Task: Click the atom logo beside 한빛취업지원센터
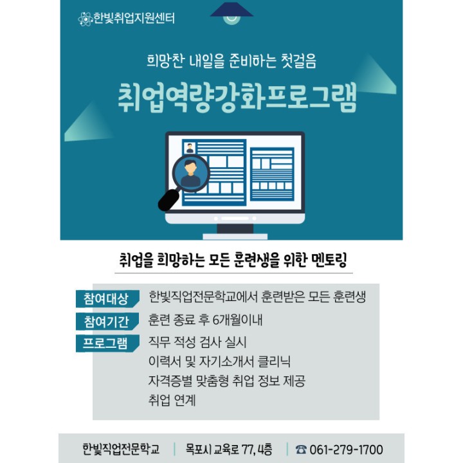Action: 86,19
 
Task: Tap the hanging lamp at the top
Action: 232,13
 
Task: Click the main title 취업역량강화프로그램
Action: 237,98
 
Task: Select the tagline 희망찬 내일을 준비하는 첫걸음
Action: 232,62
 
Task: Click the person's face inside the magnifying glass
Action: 191,168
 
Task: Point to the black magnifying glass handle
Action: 168,200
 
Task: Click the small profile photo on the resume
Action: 190,148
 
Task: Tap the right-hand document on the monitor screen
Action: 272,174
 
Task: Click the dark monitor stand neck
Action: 235,228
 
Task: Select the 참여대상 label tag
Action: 107,299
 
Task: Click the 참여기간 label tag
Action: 107,322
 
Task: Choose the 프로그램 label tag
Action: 107,343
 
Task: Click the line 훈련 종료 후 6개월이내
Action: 205,320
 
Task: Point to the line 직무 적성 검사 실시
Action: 197,342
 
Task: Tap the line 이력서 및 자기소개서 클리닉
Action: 219,361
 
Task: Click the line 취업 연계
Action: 172,400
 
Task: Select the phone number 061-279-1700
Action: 346,449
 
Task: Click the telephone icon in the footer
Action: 301,449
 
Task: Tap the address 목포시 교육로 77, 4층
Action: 229,449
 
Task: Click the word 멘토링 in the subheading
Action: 329,260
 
